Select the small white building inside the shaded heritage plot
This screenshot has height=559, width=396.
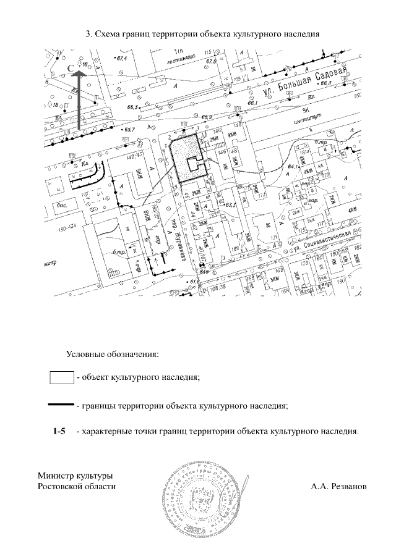pos(194,163)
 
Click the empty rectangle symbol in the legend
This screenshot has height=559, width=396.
pos(61,376)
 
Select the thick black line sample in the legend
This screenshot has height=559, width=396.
pos(61,405)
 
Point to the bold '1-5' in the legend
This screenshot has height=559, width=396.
pos(59,431)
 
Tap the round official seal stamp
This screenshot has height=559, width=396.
pos(204,498)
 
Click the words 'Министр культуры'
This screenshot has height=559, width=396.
pos(75,476)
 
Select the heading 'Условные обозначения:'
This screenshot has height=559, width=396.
pos(113,355)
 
